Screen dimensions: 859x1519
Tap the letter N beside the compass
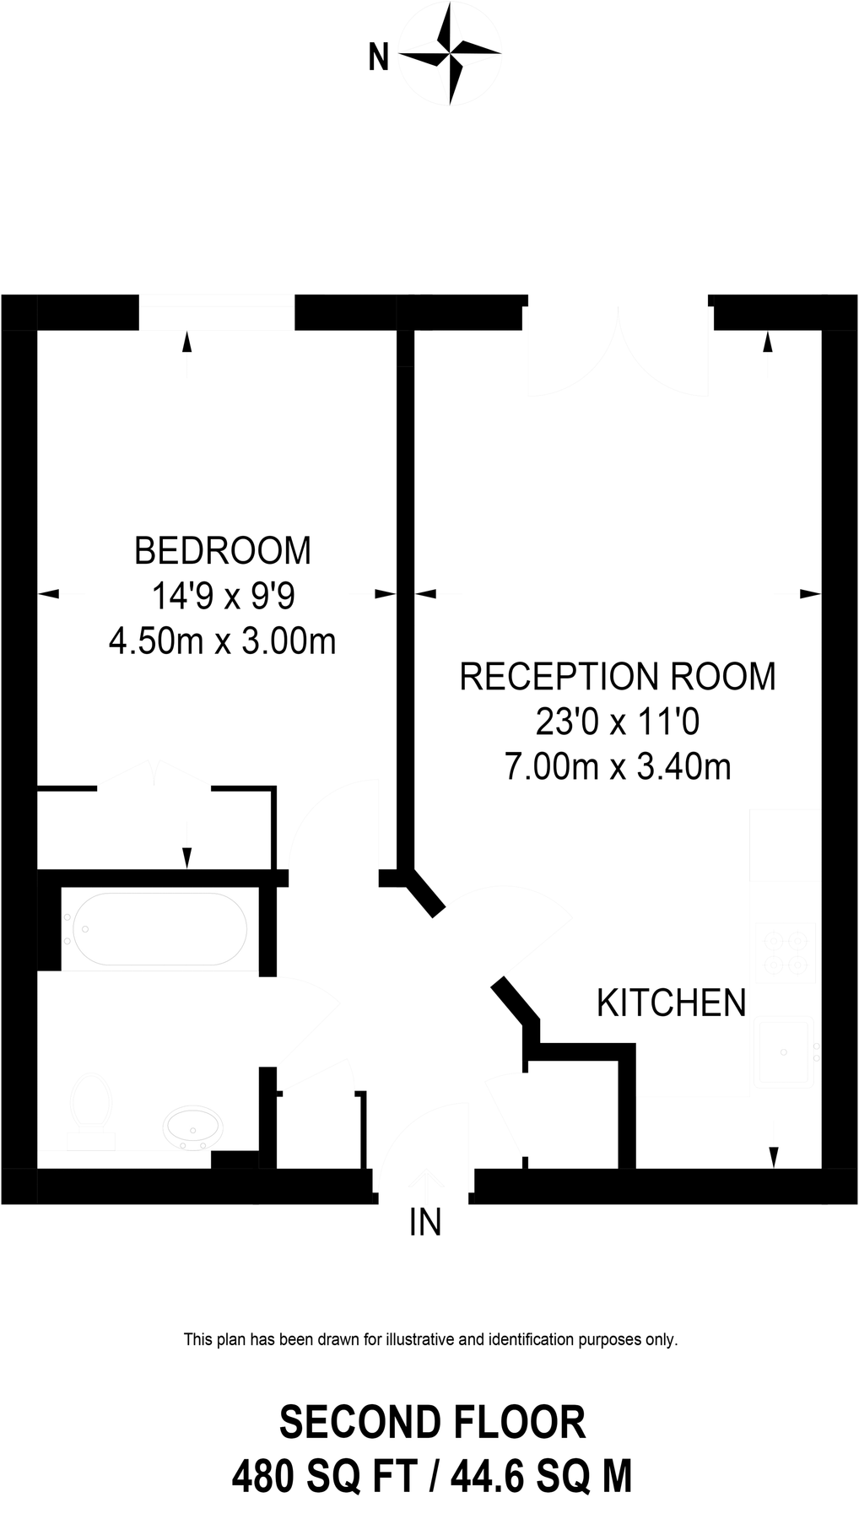tap(379, 58)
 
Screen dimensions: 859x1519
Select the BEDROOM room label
tap(223, 550)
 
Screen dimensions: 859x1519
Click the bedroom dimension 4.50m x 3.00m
tap(223, 641)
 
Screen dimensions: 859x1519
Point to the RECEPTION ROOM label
tap(618, 677)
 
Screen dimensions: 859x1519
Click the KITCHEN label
tap(672, 1003)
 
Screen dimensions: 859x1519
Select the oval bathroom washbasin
tap(195, 1127)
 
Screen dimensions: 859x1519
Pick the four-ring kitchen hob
tap(785, 952)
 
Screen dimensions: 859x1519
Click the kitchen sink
tap(785, 1051)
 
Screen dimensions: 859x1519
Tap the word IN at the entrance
tap(425, 1222)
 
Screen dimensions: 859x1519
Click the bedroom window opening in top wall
tap(217, 312)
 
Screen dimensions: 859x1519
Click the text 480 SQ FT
tap(325, 1478)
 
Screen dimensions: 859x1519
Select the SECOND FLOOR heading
tap(432, 1423)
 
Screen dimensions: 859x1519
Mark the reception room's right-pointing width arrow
tap(810, 594)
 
